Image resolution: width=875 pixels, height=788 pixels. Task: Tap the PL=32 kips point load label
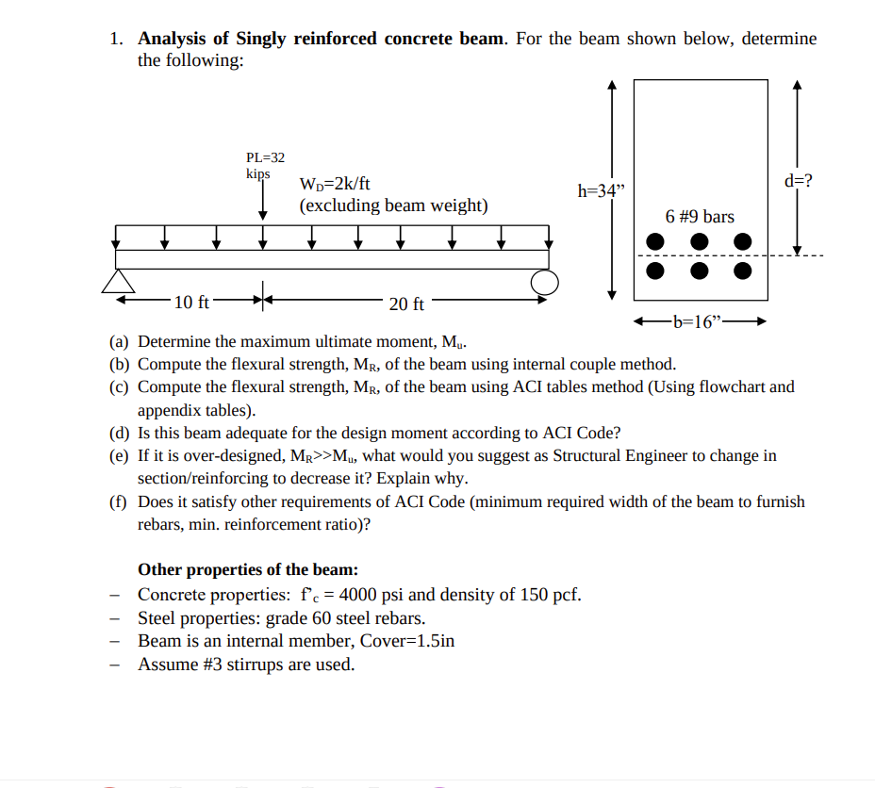264,165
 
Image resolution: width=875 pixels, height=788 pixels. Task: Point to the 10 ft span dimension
192,303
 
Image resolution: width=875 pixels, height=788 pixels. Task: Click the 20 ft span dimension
406,304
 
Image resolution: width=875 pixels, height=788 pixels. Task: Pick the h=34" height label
601,191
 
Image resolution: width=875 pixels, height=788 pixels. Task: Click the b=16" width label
699,321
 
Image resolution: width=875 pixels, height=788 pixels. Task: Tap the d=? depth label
797,181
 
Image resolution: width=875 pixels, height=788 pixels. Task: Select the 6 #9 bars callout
700,217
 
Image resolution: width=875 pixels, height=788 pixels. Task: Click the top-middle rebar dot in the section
700,242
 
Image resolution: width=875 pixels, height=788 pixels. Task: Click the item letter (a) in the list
120,341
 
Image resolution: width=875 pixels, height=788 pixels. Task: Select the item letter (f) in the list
120,501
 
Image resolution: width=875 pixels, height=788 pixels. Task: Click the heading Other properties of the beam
248,569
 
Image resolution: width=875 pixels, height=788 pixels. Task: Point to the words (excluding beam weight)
393,205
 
